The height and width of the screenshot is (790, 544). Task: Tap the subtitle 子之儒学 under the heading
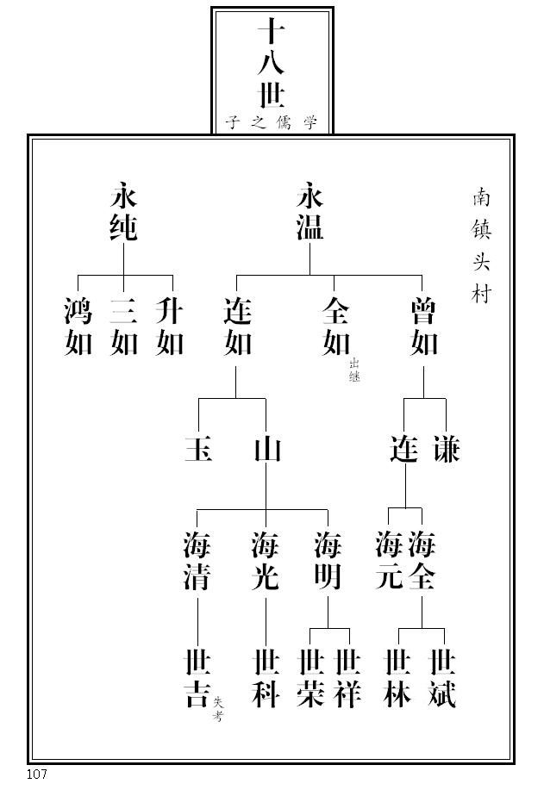[x=272, y=123]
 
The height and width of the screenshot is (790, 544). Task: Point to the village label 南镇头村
[x=480, y=246]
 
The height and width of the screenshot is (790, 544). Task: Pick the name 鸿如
[x=78, y=327]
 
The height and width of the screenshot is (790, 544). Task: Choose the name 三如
[x=124, y=327]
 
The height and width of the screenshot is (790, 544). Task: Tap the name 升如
[x=170, y=327]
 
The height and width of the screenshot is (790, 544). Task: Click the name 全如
[x=335, y=327]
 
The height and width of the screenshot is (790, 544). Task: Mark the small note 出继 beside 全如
[x=354, y=371]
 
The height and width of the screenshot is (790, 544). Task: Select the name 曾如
[x=423, y=327]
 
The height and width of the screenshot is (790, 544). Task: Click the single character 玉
[x=198, y=450]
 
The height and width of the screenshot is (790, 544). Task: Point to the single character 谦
[x=447, y=450]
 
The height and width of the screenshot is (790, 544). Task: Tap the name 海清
[x=197, y=561]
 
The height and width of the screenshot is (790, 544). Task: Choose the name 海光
[x=266, y=561]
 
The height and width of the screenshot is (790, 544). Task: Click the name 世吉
[x=197, y=680]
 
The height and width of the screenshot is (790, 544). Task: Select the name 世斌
[x=443, y=680]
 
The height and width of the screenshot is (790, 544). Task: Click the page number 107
[x=36, y=774]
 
